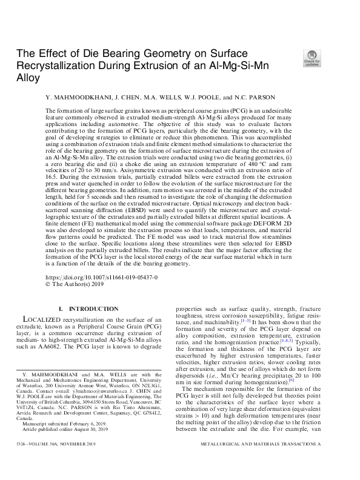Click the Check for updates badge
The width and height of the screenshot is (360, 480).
312,58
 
